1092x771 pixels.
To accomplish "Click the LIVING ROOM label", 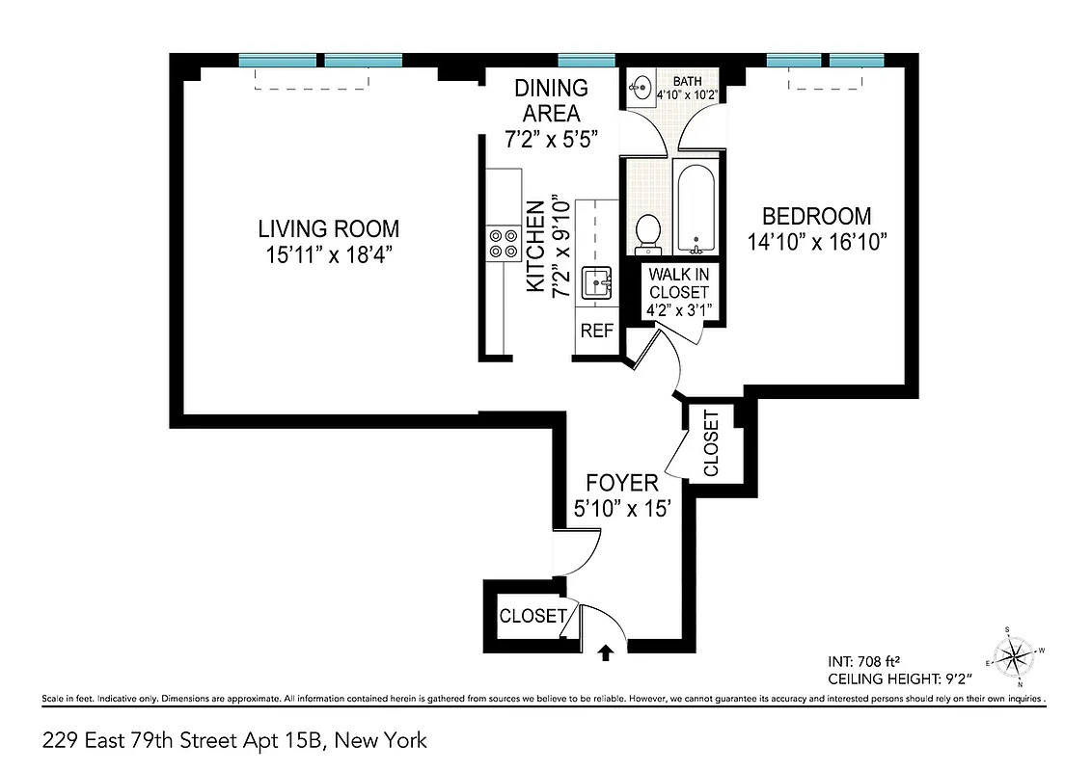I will click(328, 228).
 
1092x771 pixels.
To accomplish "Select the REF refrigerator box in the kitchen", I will click(596, 330).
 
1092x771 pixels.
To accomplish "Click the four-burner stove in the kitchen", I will click(502, 243).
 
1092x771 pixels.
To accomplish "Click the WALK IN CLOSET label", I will click(678, 282).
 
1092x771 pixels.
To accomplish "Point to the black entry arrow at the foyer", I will click(606, 653).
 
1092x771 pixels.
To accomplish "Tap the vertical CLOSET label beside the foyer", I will click(712, 444).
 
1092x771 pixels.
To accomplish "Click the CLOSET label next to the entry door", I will click(532, 616).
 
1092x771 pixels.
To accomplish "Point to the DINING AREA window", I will click(587, 60).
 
